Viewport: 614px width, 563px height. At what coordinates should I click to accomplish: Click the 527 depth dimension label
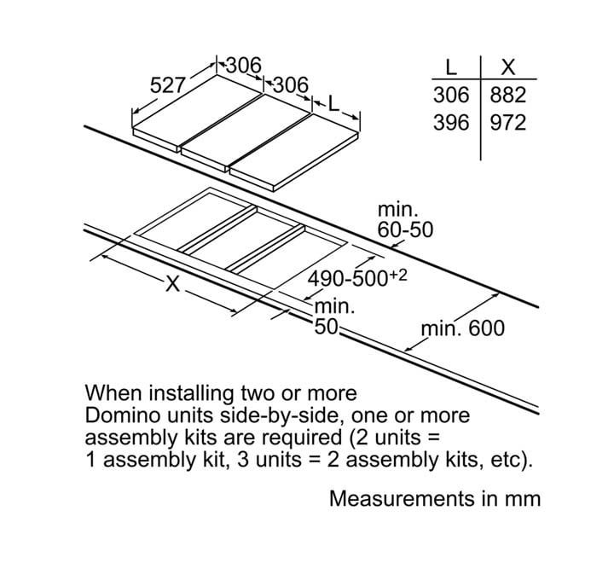[167, 85]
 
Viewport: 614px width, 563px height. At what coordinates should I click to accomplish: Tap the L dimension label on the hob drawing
[333, 104]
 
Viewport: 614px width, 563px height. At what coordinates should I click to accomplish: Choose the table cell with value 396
[452, 122]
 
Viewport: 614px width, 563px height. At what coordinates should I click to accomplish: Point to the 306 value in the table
[452, 95]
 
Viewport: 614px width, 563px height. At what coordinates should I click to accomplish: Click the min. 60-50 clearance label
[405, 220]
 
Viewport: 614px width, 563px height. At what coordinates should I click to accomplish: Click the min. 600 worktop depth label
[463, 328]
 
